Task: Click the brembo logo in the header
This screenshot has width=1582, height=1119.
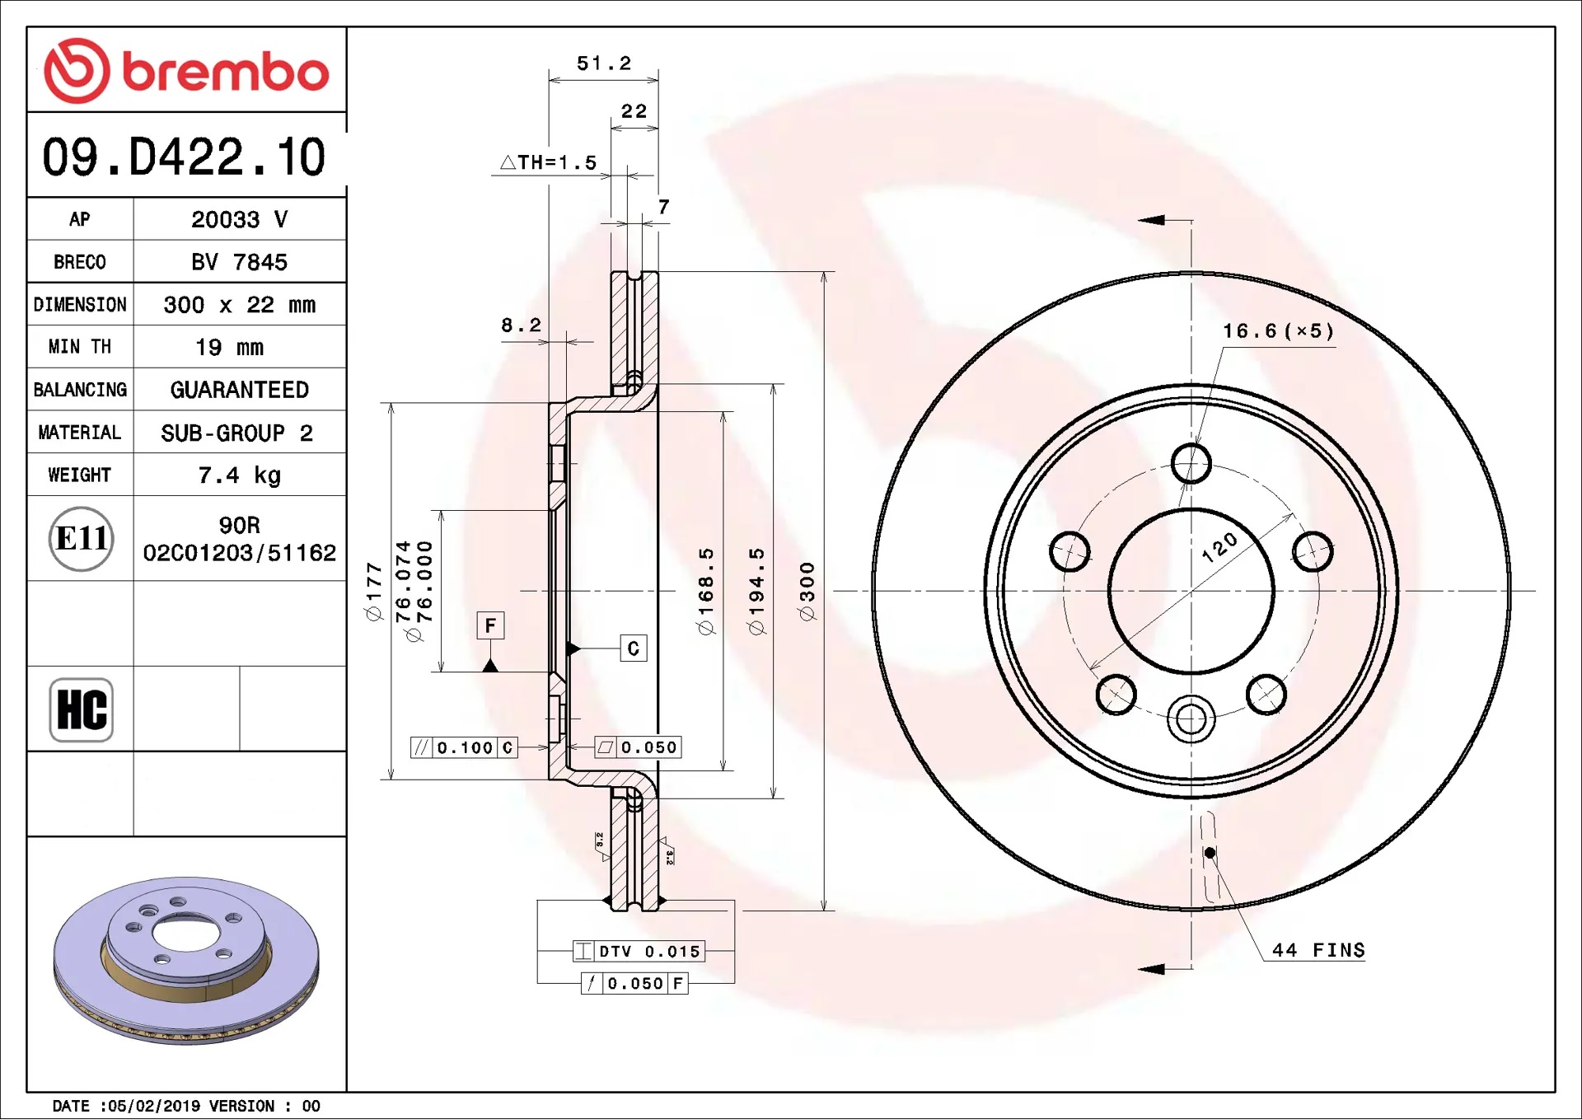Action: point(186,71)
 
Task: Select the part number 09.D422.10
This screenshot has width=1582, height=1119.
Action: point(184,157)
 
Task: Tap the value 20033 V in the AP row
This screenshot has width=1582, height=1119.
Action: point(239,219)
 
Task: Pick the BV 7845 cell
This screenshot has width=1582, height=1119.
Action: point(239,262)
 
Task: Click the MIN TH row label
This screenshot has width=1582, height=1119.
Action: point(80,347)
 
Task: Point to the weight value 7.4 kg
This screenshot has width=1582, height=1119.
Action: point(239,475)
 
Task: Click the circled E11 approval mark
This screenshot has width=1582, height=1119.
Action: point(81,539)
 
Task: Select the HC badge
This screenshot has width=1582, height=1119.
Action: point(81,709)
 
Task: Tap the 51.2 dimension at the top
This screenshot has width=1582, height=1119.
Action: point(604,63)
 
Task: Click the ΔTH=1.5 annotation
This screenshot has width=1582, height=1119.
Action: point(549,162)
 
